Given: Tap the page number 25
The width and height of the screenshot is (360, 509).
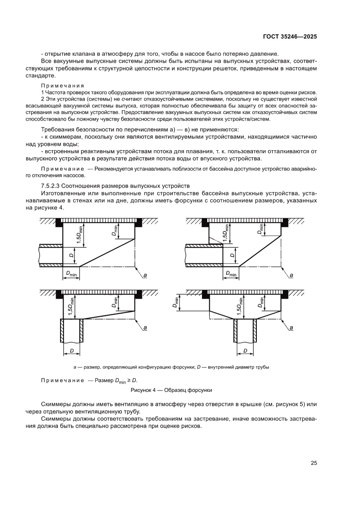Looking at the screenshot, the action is point(313,463).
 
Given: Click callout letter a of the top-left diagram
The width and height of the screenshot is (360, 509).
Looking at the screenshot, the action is point(145,275).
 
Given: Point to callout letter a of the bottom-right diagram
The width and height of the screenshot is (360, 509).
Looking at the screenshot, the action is point(291,327).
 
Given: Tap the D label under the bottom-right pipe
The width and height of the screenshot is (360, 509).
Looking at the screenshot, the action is point(245,350).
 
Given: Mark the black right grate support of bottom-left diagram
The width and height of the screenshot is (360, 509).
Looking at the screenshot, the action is point(139,295).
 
